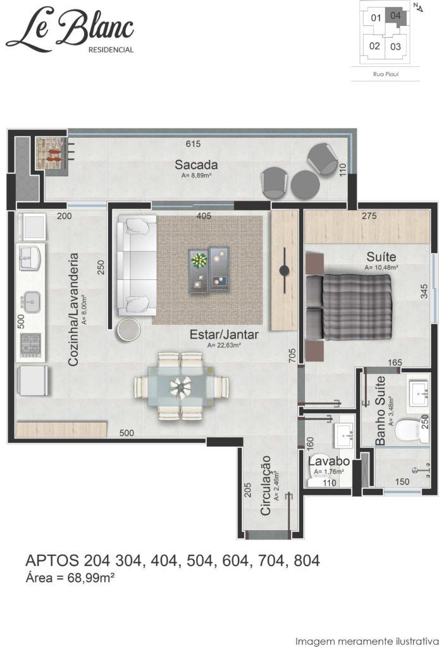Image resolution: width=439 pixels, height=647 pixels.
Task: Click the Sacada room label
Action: click(195, 165)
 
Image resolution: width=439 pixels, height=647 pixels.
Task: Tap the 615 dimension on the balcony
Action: click(193, 143)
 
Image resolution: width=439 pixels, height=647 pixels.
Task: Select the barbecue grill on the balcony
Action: click(51, 154)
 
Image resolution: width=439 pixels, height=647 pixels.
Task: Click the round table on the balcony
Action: click(306, 184)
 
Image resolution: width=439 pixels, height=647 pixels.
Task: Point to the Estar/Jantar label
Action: click(224, 334)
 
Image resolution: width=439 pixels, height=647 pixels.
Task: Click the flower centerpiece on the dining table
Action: click(181, 387)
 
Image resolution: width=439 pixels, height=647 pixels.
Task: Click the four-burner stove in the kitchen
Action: click(30, 345)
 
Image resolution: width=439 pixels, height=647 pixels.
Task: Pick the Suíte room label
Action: click(381, 257)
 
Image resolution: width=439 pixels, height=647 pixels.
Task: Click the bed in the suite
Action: click(349, 308)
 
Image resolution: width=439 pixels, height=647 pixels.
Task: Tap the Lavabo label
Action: click(329, 461)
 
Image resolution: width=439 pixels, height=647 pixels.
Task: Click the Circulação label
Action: click(266, 485)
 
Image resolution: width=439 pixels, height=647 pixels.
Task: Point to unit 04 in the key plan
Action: click(395, 16)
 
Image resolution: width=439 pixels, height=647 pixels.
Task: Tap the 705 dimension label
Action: click(292, 356)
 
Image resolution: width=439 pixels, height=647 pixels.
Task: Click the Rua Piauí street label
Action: click(385, 75)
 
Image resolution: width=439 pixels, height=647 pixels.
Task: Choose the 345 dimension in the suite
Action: click(424, 291)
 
